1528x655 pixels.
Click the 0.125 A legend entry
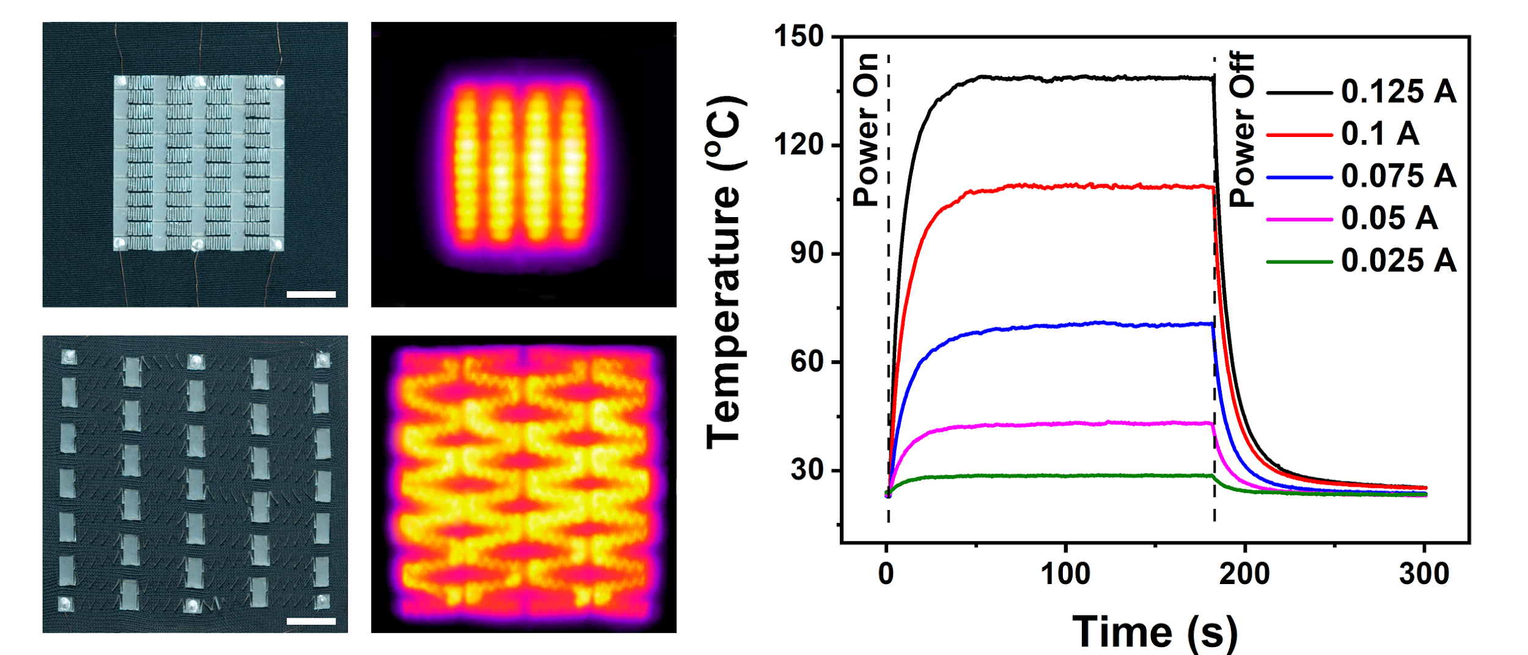(x=1398, y=92)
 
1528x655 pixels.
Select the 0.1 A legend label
(x=1379, y=134)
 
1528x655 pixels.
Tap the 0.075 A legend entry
(x=1398, y=176)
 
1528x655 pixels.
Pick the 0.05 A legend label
(x=1389, y=218)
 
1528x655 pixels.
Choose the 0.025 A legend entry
(x=1398, y=261)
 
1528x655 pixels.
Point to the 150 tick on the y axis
(x=799, y=37)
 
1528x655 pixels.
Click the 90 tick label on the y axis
(x=807, y=253)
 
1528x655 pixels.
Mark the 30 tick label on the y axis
(x=807, y=470)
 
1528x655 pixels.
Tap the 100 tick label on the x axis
(x=1065, y=574)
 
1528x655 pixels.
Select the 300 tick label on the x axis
(x=1424, y=574)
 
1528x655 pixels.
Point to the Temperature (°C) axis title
(x=725, y=272)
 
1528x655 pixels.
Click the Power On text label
(x=866, y=130)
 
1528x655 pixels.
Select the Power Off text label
(x=1241, y=130)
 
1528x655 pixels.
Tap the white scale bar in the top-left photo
(x=310, y=294)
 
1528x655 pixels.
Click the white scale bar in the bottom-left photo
(x=310, y=621)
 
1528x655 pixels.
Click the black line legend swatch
(x=1299, y=93)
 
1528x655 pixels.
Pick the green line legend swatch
(x=1299, y=262)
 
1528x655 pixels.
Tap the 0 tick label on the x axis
(x=886, y=574)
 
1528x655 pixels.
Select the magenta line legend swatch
(x=1299, y=220)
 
